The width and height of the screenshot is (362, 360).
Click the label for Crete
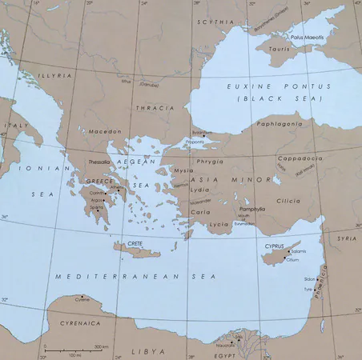[x=135, y=241]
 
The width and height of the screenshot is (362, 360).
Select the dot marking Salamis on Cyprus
[x=288, y=251]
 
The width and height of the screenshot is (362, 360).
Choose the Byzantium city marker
[x=205, y=138]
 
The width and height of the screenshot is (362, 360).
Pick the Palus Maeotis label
[x=306, y=36]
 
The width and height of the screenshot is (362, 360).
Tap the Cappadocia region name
[x=300, y=158]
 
